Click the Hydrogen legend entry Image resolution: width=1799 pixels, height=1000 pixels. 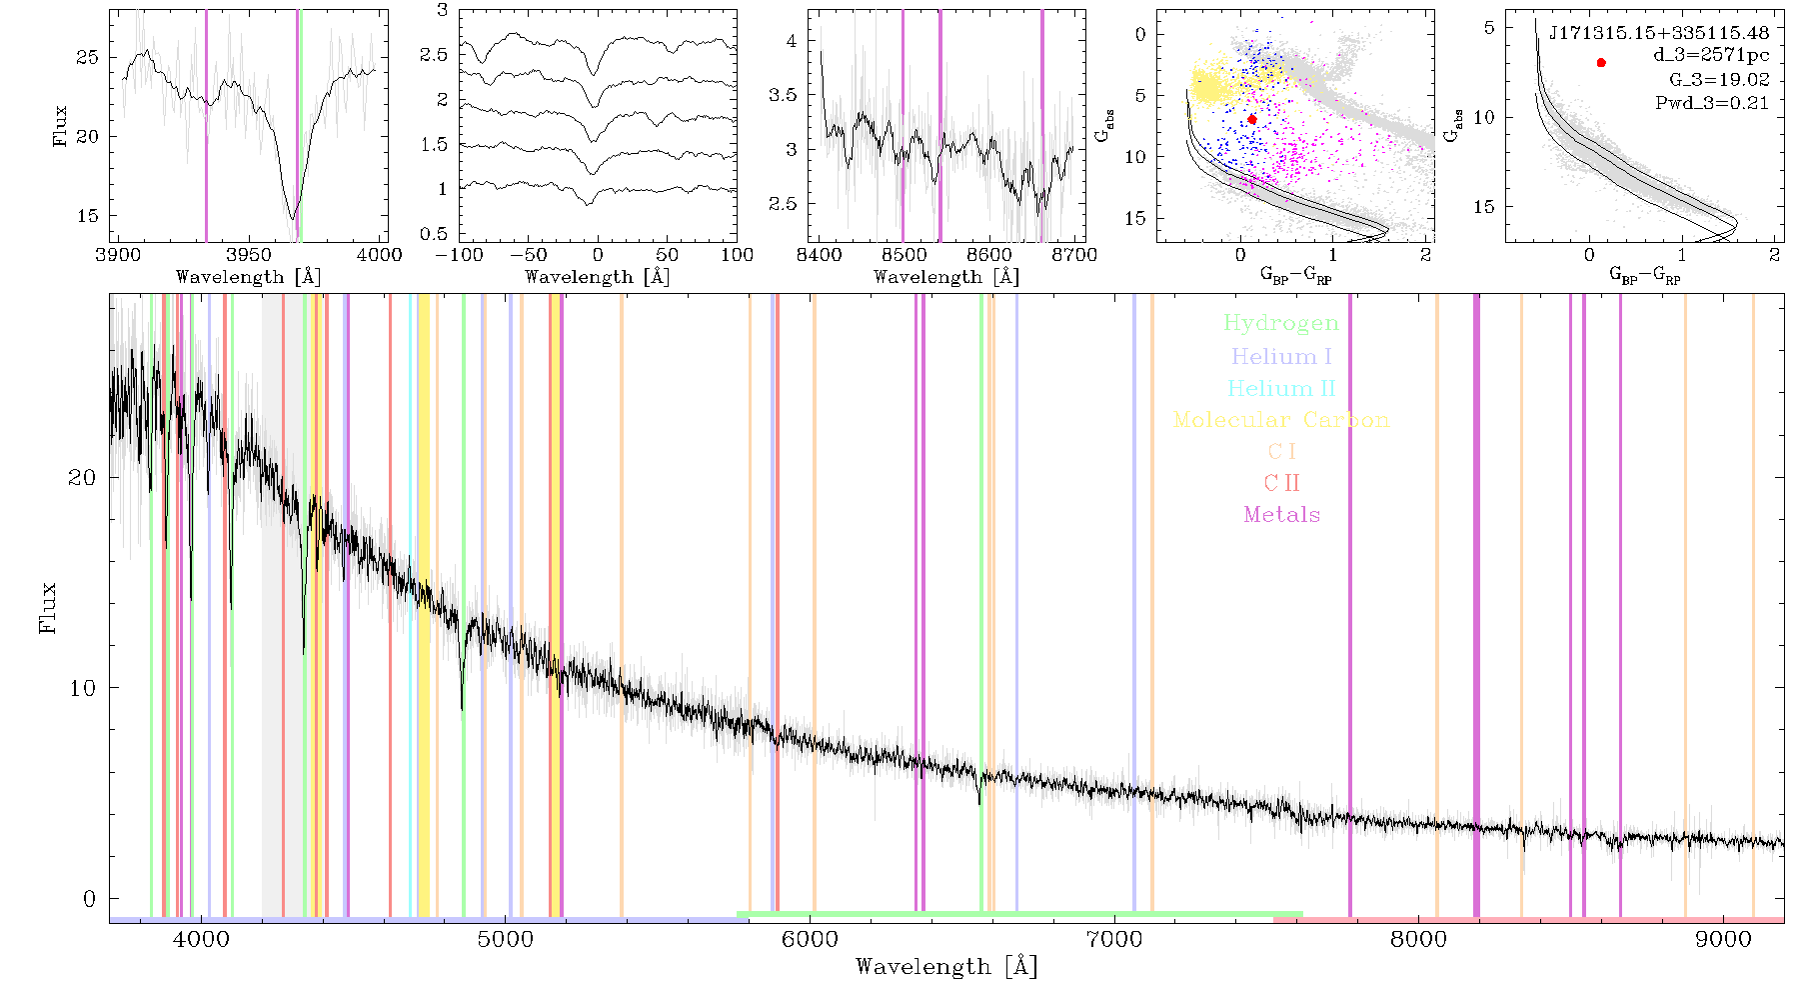[x=1281, y=323]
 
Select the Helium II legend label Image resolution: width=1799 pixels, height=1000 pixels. [x=1281, y=388]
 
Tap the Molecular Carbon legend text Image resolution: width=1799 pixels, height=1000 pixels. [x=1281, y=420]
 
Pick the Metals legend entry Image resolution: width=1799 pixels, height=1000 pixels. [x=1282, y=515]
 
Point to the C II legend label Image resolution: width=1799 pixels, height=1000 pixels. [x=1282, y=483]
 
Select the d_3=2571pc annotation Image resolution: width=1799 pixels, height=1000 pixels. [x=1711, y=56]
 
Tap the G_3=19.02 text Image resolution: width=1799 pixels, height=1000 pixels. [x=1719, y=80]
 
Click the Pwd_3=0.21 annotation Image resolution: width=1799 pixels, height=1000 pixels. [x=1712, y=103]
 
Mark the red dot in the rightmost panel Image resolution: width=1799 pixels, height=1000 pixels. [x=1601, y=62]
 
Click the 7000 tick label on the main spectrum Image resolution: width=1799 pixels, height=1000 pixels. [x=1113, y=940]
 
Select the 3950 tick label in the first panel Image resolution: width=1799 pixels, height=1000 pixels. [x=248, y=255]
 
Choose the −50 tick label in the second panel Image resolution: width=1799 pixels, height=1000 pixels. [x=528, y=255]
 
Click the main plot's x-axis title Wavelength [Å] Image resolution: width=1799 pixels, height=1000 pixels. [x=946, y=967]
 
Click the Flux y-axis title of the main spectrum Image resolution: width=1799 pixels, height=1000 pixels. [x=47, y=607]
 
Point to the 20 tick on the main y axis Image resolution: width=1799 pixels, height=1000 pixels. [x=82, y=477]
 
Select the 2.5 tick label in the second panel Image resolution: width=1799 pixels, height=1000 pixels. [x=433, y=55]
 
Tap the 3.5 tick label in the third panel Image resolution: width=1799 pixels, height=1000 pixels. [x=783, y=96]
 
